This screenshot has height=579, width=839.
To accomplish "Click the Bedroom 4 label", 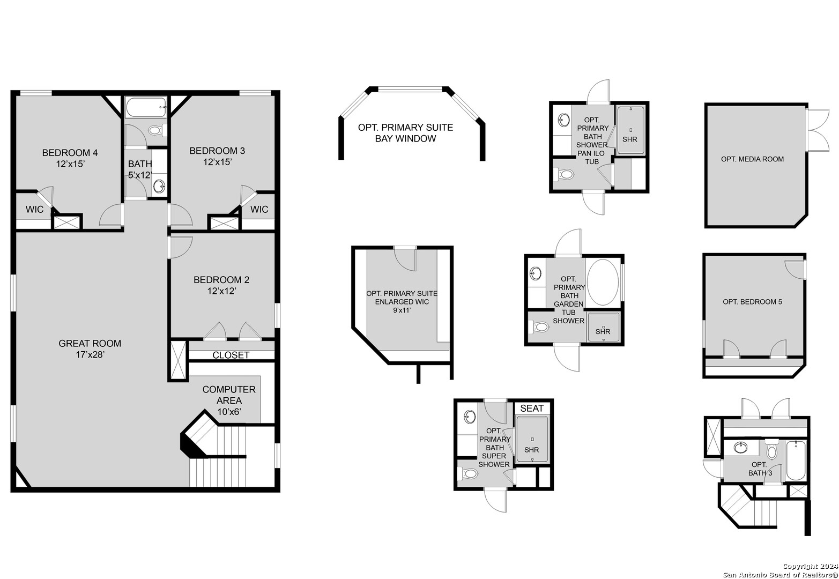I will click(x=70, y=158).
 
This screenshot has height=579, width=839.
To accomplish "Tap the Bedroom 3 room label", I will click(x=217, y=156).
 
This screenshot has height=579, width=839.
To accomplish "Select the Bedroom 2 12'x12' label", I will click(x=221, y=285).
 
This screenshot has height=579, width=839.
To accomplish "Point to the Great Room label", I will click(x=90, y=348).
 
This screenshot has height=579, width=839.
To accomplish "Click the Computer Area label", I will click(x=229, y=400).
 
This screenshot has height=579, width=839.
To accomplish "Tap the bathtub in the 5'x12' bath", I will click(x=146, y=107).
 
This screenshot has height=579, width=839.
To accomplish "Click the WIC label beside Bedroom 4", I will click(x=35, y=209).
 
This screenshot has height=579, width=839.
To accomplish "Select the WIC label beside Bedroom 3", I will click(x=259, y=209).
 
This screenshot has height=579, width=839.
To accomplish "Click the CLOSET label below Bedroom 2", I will click(x=231, y=355).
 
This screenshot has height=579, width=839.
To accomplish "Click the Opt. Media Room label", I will click(x=752, y=159).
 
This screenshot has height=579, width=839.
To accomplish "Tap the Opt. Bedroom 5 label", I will click(x=752, y=302).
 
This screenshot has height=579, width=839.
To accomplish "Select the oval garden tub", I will click(x=603, y=283).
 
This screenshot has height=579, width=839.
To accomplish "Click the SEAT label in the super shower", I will click(x=532, y=408).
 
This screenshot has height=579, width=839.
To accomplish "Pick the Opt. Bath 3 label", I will click(x=760, y=469).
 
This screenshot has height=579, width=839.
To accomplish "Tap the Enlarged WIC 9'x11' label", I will click(x=402, y=301).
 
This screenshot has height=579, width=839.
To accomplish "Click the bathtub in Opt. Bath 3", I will click(x=796, y=460).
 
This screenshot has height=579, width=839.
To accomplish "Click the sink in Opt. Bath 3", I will click(x=742, y=448).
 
